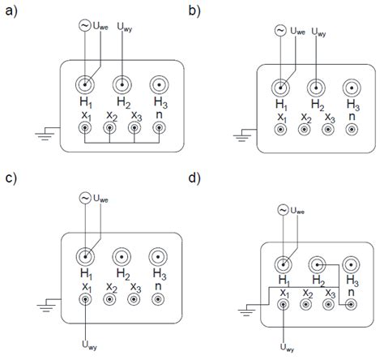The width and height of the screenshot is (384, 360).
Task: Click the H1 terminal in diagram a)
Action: click(x=86, y=84)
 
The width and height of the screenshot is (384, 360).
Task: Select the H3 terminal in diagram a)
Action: click(x=160, y=84)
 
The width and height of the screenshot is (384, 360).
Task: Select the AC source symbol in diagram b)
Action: click(x=277, y=31)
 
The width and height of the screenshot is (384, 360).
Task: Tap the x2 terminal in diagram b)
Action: click(x=305, y=129)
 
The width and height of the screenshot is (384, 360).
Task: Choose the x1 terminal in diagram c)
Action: click(x=86, y=299)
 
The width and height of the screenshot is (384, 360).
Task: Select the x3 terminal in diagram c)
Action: click(x=134, y=299)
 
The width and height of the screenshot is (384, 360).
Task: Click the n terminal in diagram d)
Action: click(x=351, y=304)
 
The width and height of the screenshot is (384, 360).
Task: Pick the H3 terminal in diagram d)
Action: click(x=352, y=264)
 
